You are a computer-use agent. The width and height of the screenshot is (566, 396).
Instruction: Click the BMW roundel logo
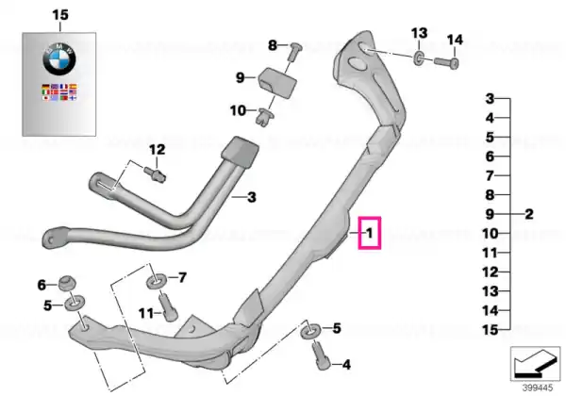tap(59, 59)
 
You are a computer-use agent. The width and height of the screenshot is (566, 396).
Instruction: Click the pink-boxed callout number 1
tap(369, 233)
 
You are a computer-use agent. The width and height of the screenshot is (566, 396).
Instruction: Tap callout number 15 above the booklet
tap(60, 15)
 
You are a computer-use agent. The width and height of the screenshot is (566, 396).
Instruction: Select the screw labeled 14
tap(446, 62)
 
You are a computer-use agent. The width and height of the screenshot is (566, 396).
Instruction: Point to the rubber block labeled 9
tap(277, 82)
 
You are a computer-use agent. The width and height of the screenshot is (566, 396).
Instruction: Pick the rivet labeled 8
tap(294, 51)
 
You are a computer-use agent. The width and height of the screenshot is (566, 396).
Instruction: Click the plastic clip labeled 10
tap(264, 116)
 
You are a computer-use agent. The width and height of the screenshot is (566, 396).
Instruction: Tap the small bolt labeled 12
tap(156, 173)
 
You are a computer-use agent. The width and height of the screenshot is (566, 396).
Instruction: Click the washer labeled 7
tap(157, 281)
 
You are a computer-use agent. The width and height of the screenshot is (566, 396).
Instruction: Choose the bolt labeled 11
tap(168, 307)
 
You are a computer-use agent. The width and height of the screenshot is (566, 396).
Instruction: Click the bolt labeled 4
tap(323, 355)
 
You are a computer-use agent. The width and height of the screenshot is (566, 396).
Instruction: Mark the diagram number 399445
tap(538, 388)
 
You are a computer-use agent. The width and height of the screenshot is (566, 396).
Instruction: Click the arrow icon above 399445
tap(535, 364)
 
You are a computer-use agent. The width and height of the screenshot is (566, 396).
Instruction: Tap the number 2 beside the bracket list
tap(529, 214)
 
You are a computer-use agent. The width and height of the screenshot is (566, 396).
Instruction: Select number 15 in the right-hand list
tap(491, 330)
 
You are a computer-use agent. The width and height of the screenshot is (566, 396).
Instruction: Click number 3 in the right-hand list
tap(490, 98)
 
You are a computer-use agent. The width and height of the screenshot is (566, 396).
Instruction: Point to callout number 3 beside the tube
tap(252, 197)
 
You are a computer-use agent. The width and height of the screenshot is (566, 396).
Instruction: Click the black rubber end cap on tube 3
tap(240, 152)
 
